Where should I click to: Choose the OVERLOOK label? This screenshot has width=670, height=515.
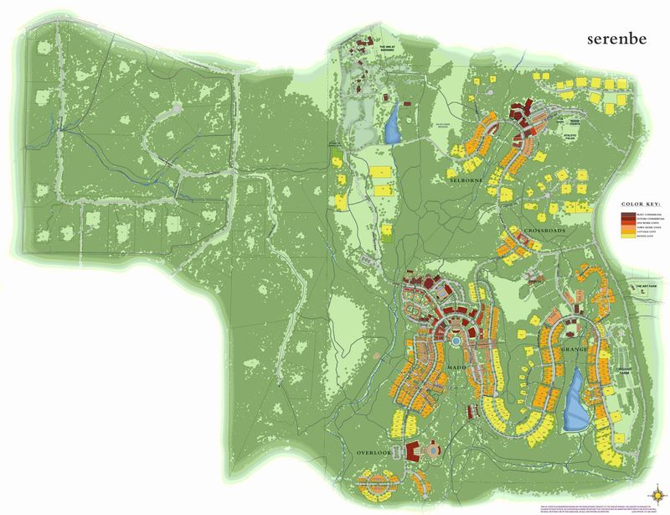(373, 452)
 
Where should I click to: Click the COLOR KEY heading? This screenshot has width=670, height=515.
(642, 204)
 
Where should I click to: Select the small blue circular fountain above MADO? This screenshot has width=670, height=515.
(455, 342)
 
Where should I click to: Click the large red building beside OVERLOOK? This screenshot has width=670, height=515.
(415, 450)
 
